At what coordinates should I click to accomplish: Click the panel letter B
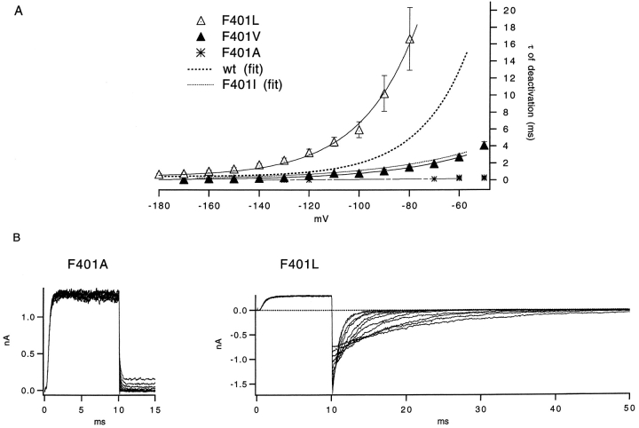7,237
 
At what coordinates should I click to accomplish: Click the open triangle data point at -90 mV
384,94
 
